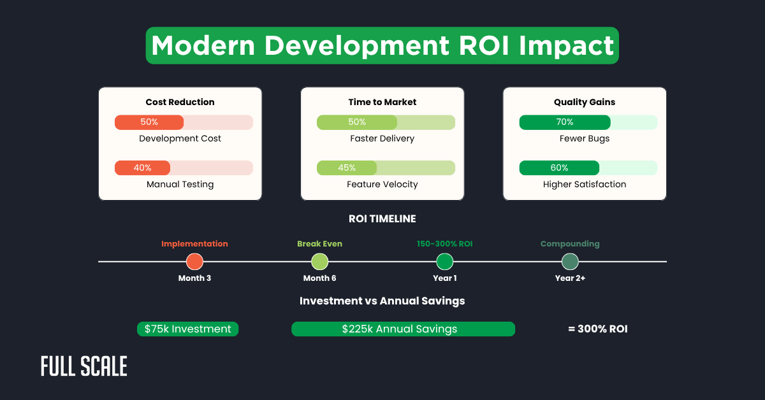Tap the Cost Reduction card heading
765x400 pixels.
(x=180, y=102)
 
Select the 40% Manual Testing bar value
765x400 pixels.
(x=142, y=168)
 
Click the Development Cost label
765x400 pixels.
(x=180, y=138)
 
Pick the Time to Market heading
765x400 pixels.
(x=382, y=102)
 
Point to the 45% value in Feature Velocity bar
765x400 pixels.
(x=347, y=168)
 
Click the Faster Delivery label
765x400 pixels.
(x=382, y=138)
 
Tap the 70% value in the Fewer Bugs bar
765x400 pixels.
(x=564, y=122)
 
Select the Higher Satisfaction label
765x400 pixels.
(x=584, y=184)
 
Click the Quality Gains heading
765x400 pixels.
(x=585, y=102)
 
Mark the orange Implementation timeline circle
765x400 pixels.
(x=194, y=262)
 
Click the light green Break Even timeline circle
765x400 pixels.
(x=319, y=262)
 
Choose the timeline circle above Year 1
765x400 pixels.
(x=444, y=262)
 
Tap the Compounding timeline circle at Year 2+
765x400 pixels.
(x=570, y=262)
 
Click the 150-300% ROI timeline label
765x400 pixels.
(x=444, y=244)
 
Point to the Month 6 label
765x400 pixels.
(x=319, y=278)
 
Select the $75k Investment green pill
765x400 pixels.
(x=187, y=329)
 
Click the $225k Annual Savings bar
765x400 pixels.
(x=403, y=329)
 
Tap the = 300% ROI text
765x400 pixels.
(x=597, y=329)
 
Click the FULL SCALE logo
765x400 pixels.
(x=84, y=366)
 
